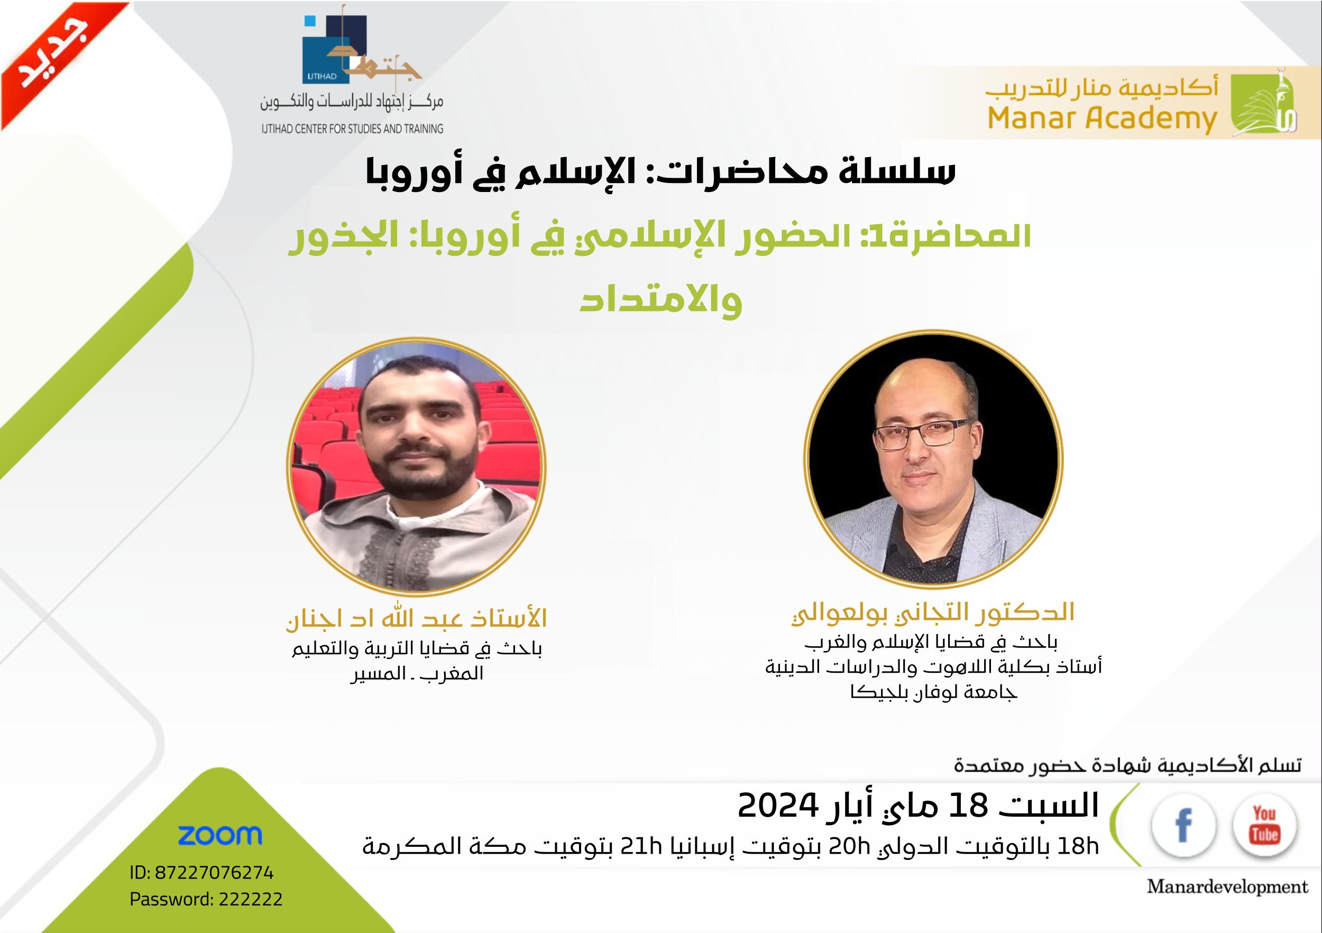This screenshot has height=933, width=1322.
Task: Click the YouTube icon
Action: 1264,825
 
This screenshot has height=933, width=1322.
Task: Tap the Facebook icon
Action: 1184,825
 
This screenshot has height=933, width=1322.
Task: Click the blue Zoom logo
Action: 220,835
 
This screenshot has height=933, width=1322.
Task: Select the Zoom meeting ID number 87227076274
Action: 214,873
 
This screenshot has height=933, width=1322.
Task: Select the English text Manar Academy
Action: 1102,118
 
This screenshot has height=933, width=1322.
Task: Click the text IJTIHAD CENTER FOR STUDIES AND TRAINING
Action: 352,129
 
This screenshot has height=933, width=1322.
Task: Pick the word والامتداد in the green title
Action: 661,300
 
